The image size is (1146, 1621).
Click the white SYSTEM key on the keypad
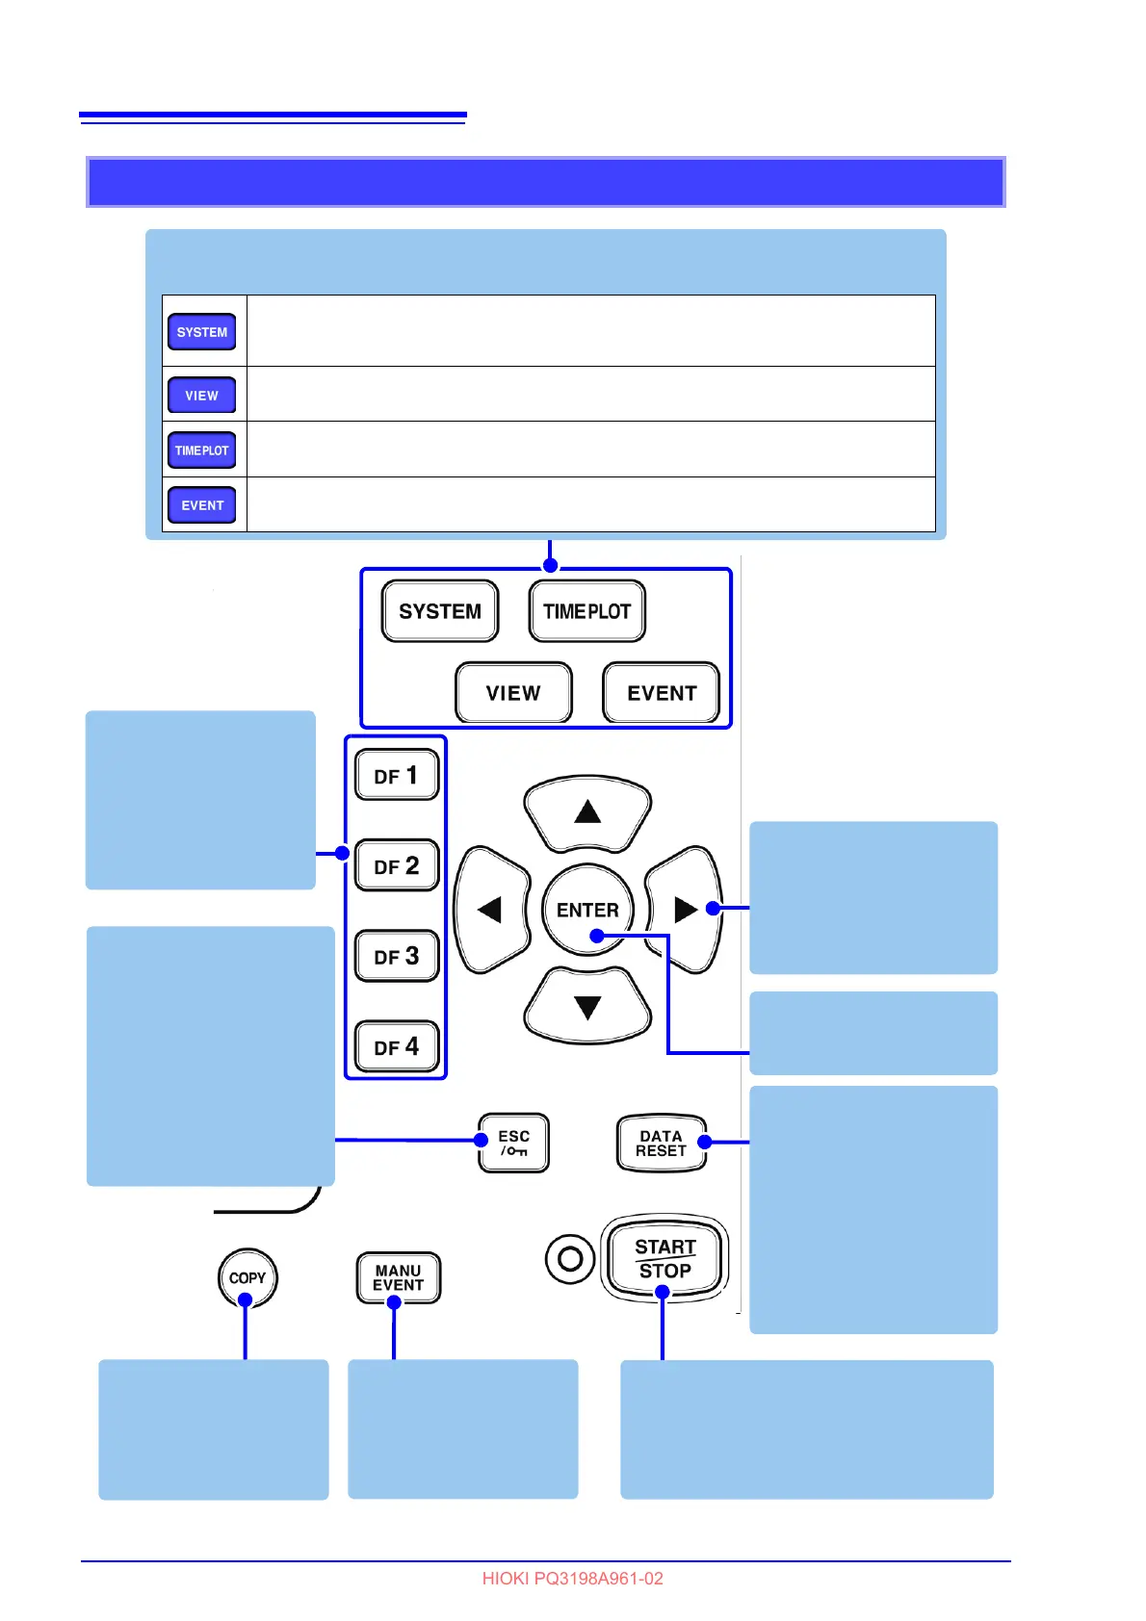pos(440,611)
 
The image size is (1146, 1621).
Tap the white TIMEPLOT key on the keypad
pos(586,611)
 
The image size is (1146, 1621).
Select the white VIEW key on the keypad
pos(513,692)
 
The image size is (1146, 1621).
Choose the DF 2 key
pos(397,865)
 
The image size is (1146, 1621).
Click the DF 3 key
pos(397,956)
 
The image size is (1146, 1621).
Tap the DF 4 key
pos(397,1046)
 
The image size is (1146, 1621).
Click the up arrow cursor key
pos(587,811)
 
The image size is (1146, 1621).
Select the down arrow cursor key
pos(587,1007)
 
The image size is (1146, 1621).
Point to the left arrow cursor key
pos(491,910)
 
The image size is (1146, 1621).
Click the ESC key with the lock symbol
pos(513,1143)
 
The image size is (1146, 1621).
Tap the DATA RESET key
pos(661,1144)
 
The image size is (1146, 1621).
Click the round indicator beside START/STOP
pos(570,1258)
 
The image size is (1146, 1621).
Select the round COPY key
pos(247,1277)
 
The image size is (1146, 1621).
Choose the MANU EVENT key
pos(398,1277)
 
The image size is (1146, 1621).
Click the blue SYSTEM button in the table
pos(202,332)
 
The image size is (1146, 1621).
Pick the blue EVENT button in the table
pos(202,505)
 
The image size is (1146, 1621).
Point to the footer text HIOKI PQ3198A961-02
pos(572,1579)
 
